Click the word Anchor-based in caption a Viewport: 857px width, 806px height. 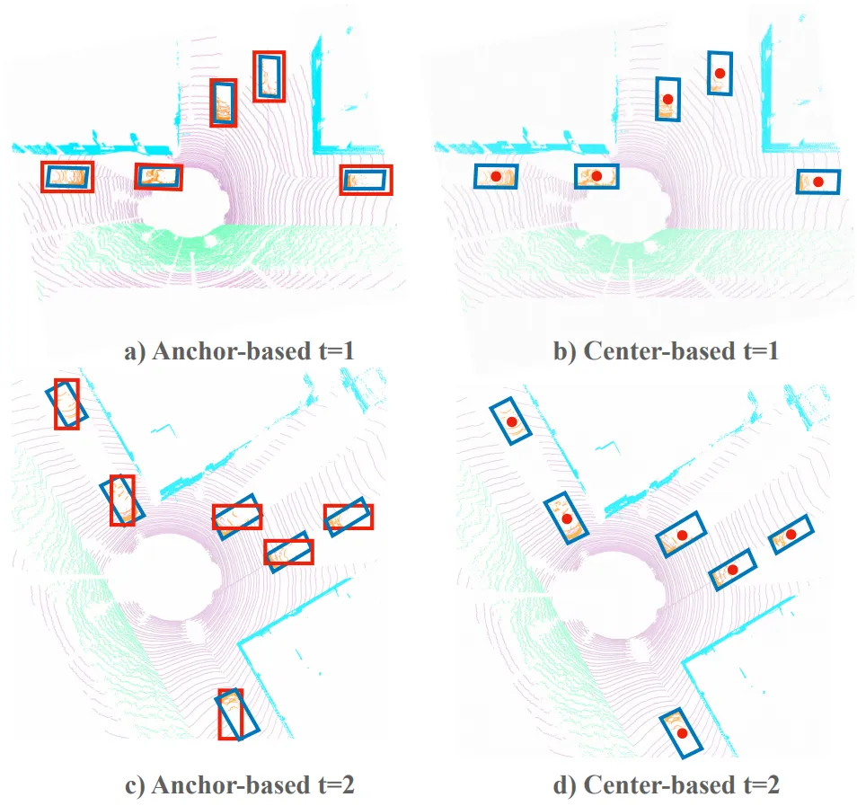pos(232,351)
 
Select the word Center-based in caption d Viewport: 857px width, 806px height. pos(659,785)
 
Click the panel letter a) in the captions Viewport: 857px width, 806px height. pos(135,352)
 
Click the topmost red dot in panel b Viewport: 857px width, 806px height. pos(720,74)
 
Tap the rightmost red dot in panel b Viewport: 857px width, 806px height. pos(818,182)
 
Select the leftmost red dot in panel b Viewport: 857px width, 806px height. pos(496,177)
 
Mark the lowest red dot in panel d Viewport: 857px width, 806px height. pos(682,733)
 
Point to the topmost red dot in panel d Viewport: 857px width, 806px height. pos(511,422)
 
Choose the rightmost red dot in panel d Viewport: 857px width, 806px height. pos(791,535)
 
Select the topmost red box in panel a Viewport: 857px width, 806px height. pos(254,76)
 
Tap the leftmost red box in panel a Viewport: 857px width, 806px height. pos(41,177)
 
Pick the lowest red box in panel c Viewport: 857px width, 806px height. pos(219,714)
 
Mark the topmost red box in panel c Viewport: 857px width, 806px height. pos(55,404)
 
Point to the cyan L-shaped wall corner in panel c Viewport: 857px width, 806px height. pos(239,643)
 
